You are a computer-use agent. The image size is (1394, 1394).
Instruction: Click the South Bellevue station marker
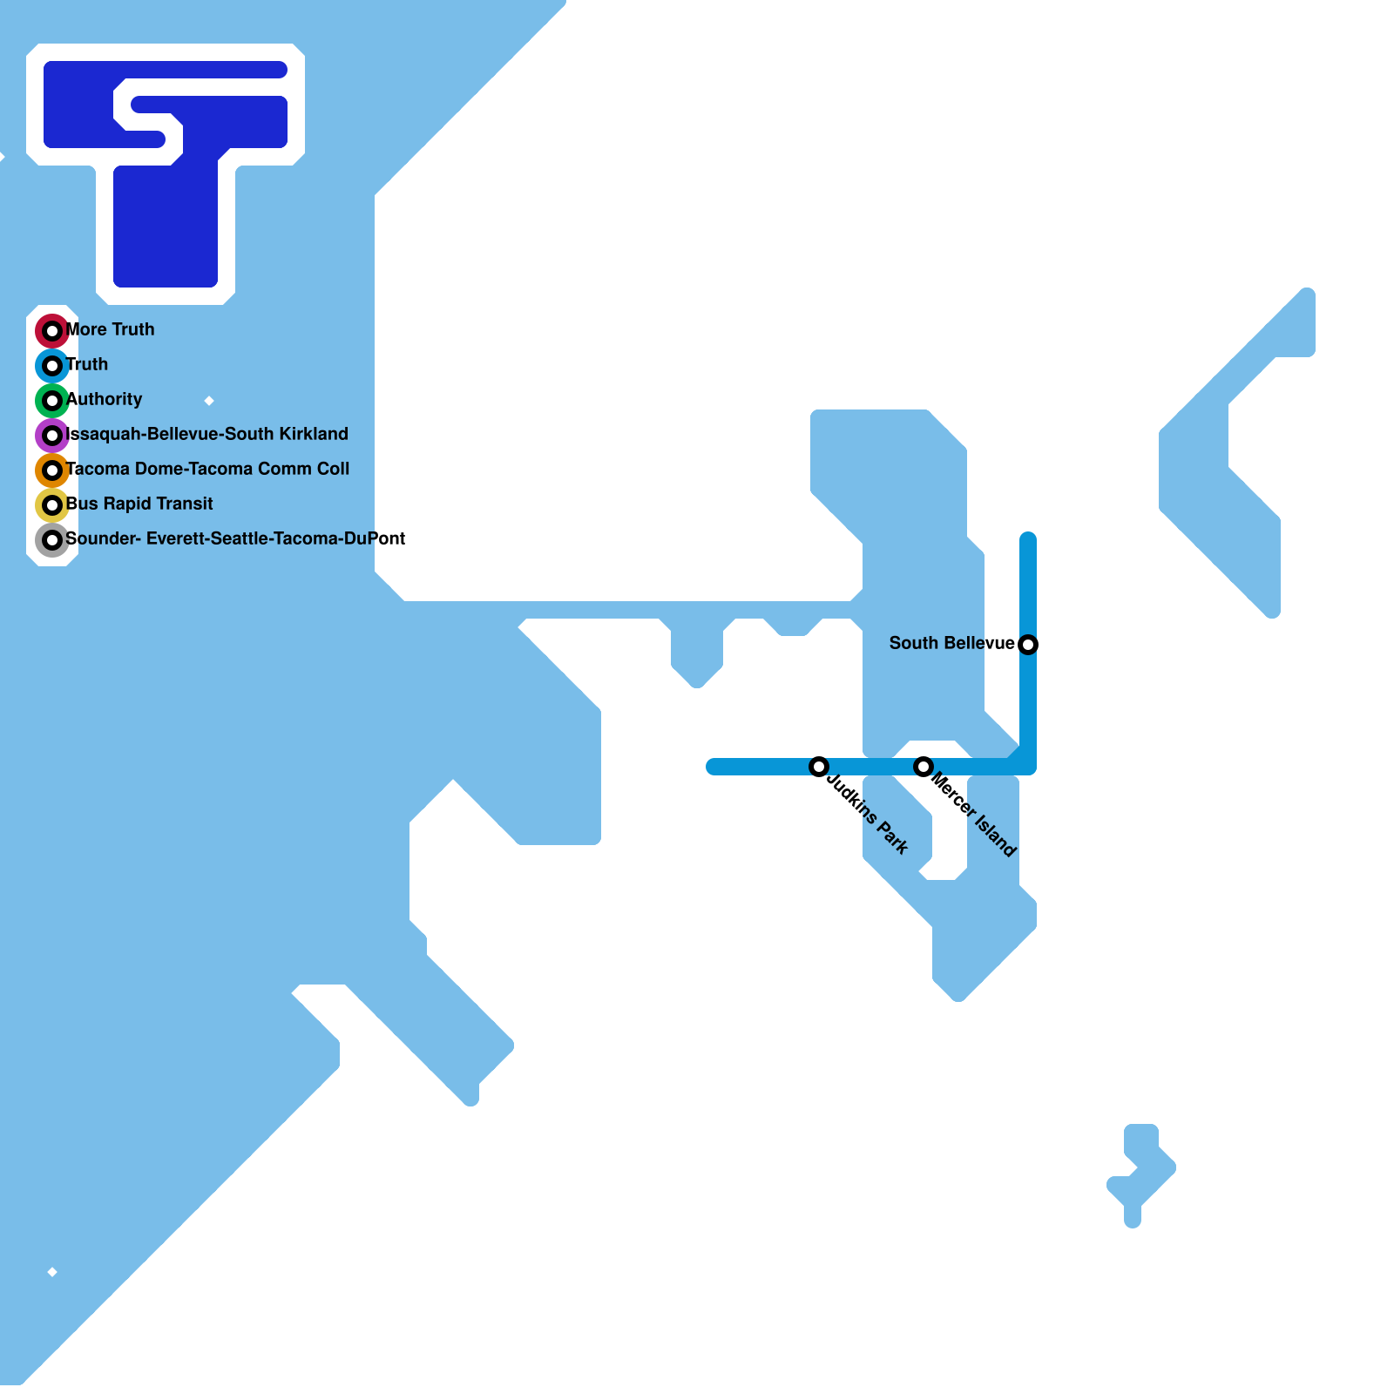point(1028,645)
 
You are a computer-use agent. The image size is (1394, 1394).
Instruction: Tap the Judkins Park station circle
point(819,767)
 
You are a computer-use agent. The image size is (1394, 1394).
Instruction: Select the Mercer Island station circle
point(924,767)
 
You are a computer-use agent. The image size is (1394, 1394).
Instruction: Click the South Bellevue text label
point(951,643)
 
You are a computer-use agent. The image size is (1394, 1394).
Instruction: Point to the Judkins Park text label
point(868,814)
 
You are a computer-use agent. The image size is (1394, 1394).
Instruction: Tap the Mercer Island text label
point(973,814)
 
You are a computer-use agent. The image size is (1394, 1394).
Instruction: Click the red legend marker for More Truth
point(52,331)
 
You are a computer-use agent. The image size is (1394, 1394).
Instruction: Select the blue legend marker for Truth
point(52,366)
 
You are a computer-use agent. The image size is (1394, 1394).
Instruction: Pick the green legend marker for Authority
point(52,401)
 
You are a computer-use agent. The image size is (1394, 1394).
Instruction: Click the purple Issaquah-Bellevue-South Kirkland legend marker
point(52,436)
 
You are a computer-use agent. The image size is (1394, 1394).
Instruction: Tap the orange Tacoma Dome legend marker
point(52,470)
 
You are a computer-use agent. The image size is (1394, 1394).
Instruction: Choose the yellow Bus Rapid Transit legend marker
point(52,505)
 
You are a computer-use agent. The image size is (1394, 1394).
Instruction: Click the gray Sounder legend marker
point(52,540)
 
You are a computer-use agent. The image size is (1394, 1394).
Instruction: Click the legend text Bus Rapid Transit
point(139,504)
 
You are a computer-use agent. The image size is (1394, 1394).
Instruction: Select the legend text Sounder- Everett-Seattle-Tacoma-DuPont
point(235,538)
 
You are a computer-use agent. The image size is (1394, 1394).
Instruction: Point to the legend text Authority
point(105,399)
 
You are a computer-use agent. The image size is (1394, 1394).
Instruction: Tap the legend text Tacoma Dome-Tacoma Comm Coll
point(207,469)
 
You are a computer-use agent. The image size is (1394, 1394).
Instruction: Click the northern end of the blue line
point(1028,538)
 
